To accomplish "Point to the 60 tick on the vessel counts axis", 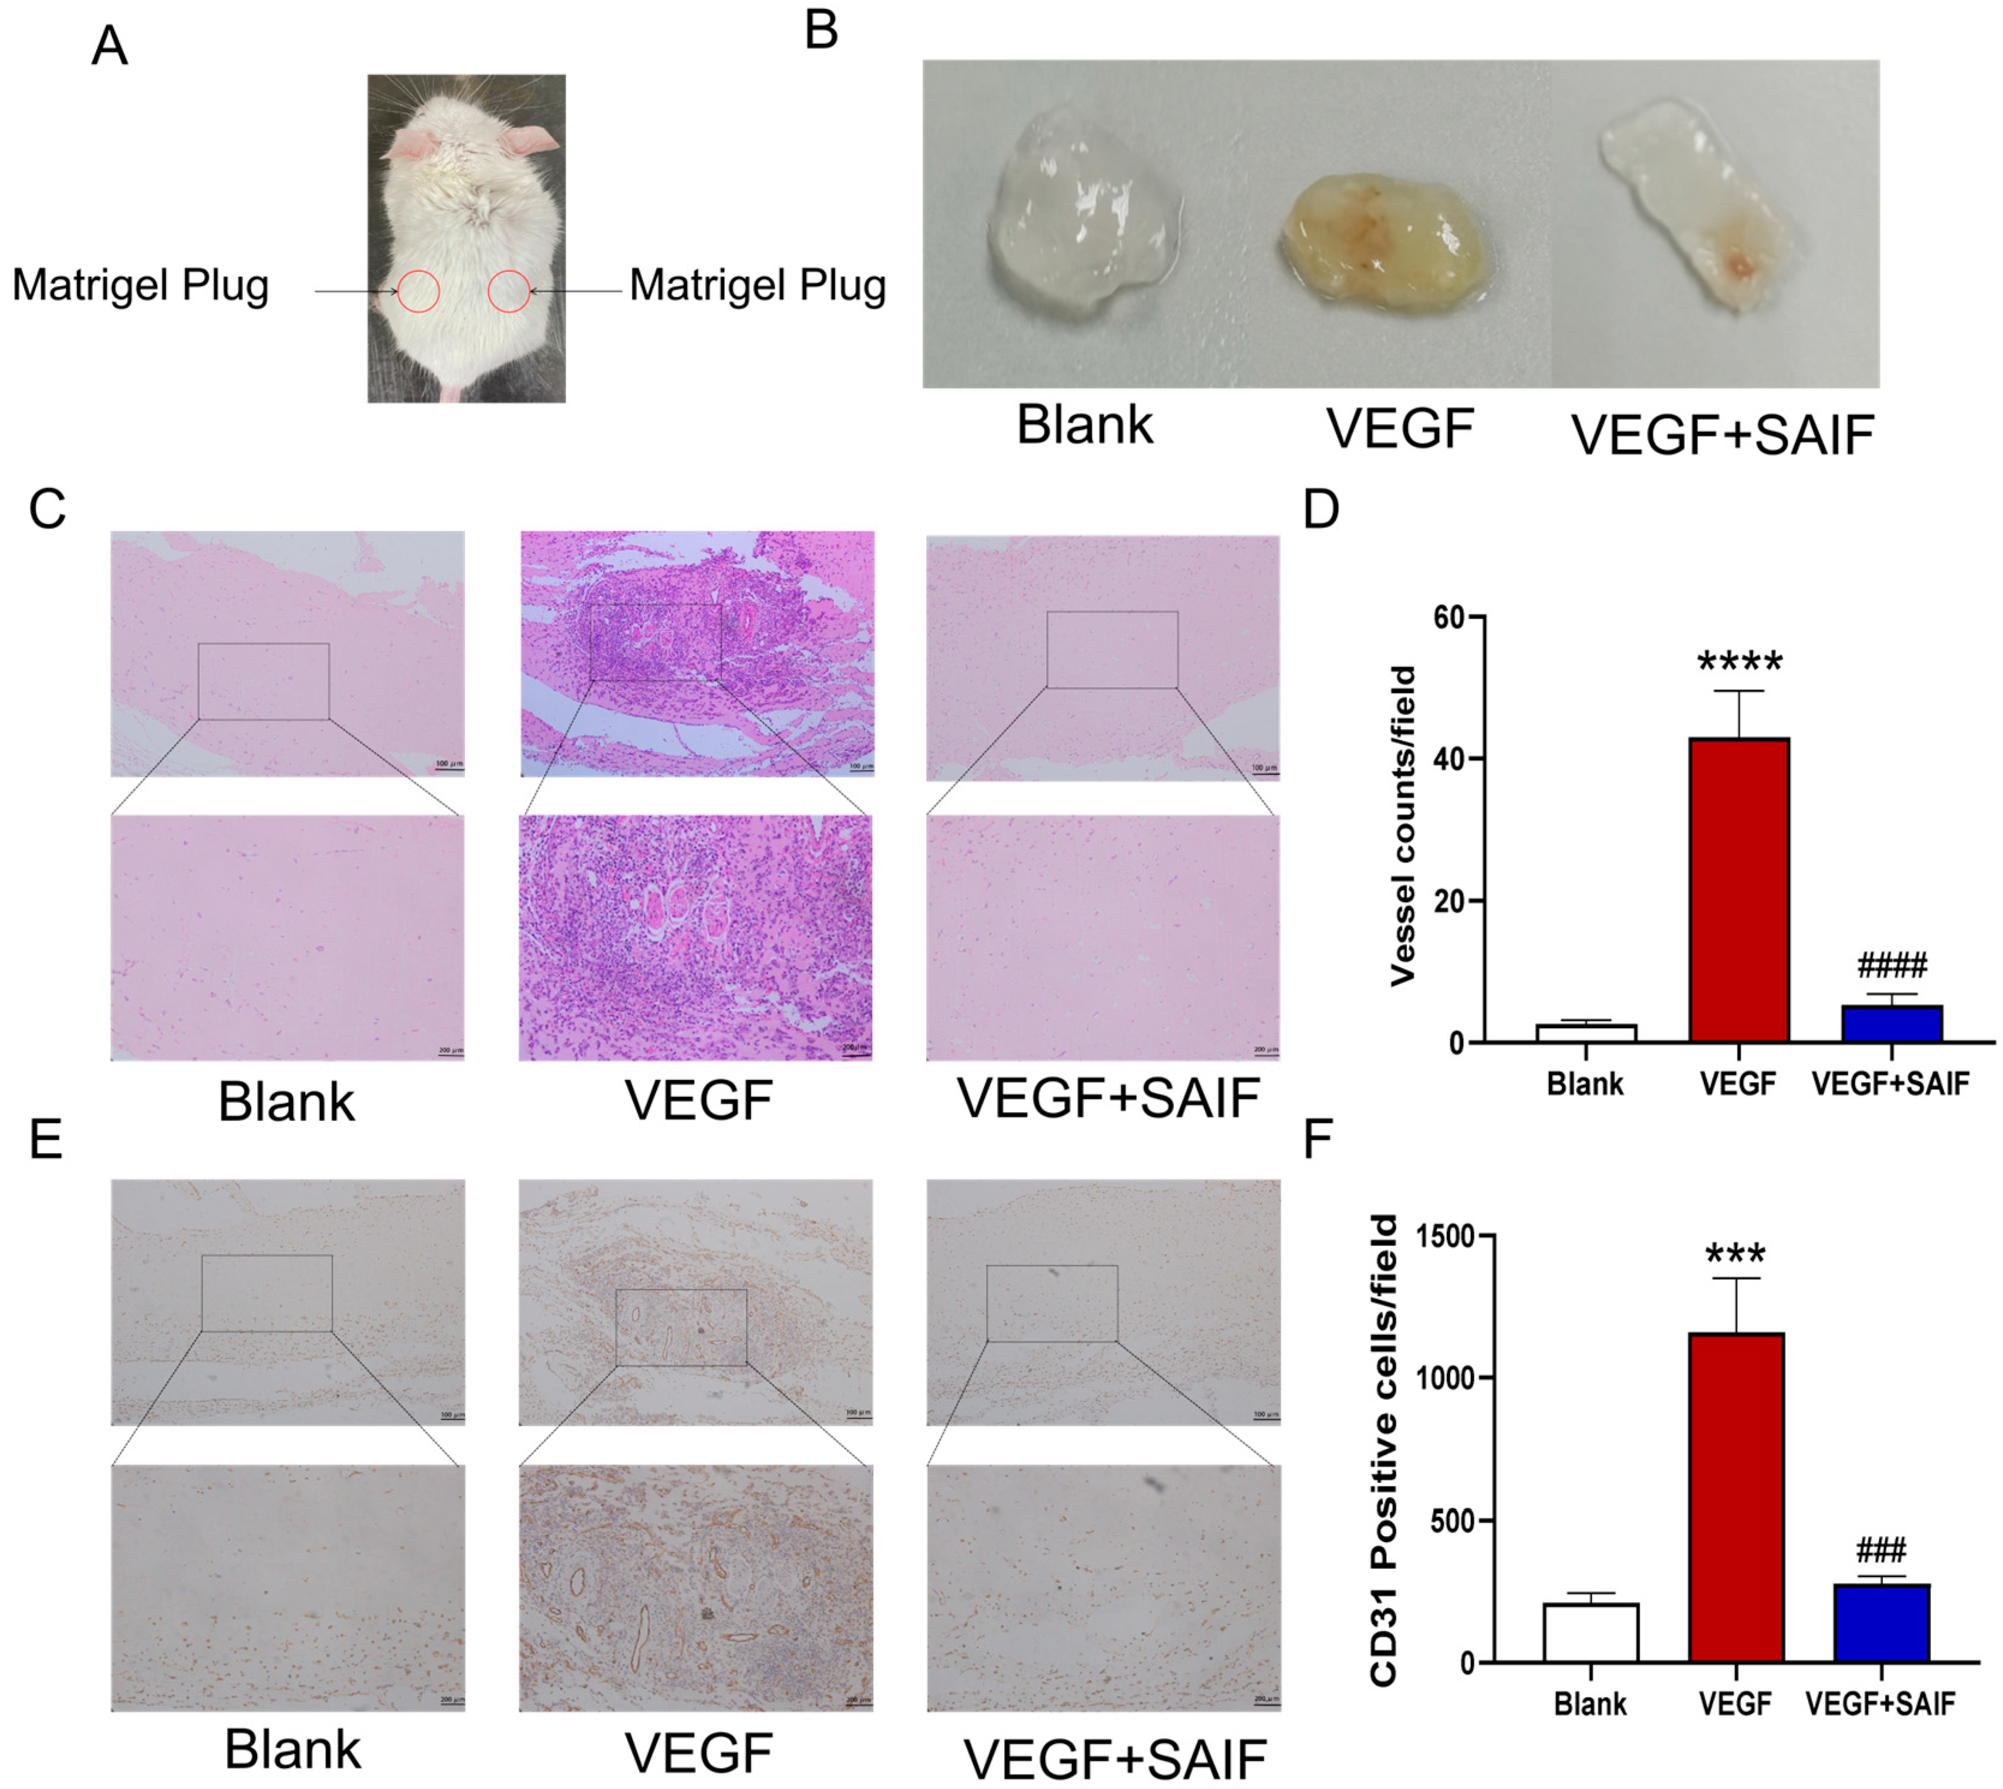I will [x=1450, y=617].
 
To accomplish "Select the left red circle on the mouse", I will [x=419, y=291].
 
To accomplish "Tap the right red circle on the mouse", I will [x=509, y=291].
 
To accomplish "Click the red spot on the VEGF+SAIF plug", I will [x=1739, y=265].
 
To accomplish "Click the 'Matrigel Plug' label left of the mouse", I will [x=141, y=286].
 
